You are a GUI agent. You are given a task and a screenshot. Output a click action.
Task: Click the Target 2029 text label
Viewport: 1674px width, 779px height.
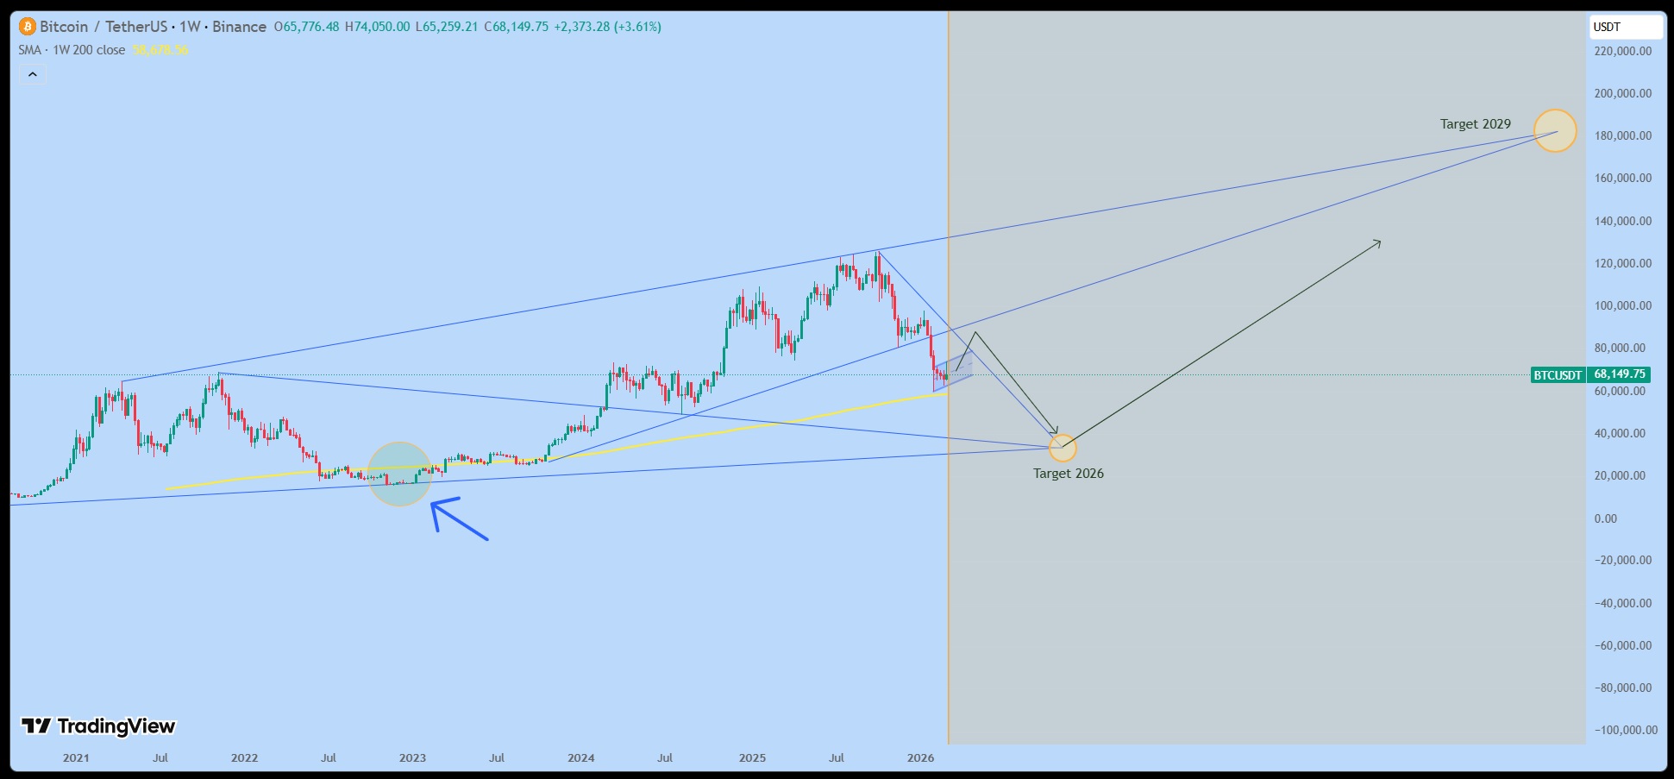[1475, 124]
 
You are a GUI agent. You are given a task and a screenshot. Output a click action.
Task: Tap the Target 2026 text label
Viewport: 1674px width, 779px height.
[1068, 474]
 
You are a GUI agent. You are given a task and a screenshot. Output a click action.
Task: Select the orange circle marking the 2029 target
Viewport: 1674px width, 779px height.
[1554, 131]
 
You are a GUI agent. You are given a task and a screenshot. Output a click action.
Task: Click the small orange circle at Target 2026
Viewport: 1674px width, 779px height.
[1063, 448]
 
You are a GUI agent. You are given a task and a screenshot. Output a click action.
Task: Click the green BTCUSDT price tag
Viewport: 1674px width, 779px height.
[1558, 374]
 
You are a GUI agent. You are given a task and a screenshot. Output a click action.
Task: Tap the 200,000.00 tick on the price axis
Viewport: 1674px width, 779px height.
[1622, 93]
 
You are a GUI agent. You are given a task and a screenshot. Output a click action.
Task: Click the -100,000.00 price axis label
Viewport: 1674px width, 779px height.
[1626, 730]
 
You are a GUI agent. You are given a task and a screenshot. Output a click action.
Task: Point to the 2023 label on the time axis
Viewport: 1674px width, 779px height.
[412, 758]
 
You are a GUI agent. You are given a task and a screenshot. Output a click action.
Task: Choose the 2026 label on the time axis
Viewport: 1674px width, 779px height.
[920, 758]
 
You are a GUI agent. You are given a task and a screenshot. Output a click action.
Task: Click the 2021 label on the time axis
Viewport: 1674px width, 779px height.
[76, 758]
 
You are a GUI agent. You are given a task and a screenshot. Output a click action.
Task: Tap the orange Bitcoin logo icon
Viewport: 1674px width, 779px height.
[28, 27]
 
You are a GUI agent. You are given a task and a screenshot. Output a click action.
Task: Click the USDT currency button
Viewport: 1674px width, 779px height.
[1625, 27]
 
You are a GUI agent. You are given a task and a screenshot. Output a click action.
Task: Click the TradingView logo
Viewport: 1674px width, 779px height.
[98, 726]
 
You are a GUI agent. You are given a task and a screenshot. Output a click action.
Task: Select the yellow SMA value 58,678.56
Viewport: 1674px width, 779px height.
[160, 50]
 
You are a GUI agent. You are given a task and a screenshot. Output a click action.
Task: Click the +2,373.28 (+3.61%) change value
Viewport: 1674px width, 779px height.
[607, 27]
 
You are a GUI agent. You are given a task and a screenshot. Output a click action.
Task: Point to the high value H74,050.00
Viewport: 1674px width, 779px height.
[377, 27]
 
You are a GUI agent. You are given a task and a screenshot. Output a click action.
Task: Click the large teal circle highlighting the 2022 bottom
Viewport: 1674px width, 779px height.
[399, 474]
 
